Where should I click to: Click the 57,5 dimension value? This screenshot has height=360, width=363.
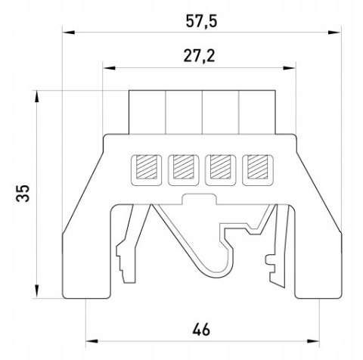coord(201,21)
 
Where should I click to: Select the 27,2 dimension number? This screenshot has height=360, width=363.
coord(199,56)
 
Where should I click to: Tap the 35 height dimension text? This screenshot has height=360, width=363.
coord(23,194)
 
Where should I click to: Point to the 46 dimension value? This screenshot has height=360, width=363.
coord(201,330)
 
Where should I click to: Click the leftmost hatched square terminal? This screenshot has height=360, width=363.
coord(146,167)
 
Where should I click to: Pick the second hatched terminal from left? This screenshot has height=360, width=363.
coord(184,167)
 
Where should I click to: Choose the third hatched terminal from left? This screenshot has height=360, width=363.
coord(221,167)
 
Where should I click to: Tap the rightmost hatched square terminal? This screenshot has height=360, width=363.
coord(257,167)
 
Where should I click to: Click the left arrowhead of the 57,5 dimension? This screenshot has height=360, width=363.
coord(69,33)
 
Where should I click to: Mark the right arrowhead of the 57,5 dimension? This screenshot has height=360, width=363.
coord(334,33)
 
